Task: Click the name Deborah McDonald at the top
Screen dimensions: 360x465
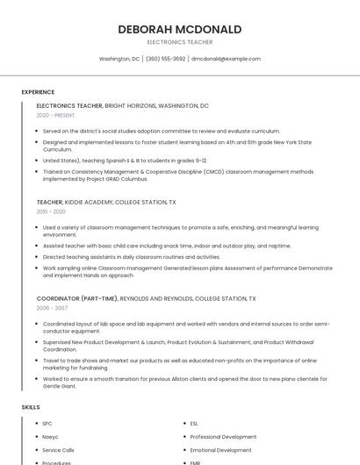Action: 179,30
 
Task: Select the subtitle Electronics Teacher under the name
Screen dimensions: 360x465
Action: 179,42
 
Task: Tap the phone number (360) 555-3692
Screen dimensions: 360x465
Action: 166,59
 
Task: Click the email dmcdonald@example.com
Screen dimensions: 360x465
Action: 227,59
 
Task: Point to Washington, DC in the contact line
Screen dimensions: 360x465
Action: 119,59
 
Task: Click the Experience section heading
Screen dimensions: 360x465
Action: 38,92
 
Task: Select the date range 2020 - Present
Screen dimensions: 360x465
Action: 55,115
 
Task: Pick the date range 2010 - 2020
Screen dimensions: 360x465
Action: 51,211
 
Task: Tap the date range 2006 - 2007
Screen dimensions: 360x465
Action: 51,308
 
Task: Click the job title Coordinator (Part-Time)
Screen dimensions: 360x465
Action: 77,298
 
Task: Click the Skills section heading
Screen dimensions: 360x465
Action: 31,407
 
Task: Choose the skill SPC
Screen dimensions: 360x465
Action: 47,423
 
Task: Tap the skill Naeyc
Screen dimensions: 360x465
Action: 50,436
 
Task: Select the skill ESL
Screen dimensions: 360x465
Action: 194,423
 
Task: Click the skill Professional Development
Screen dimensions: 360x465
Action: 223,436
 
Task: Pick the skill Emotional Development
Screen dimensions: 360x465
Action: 220,449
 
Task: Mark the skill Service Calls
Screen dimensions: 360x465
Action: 58,449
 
